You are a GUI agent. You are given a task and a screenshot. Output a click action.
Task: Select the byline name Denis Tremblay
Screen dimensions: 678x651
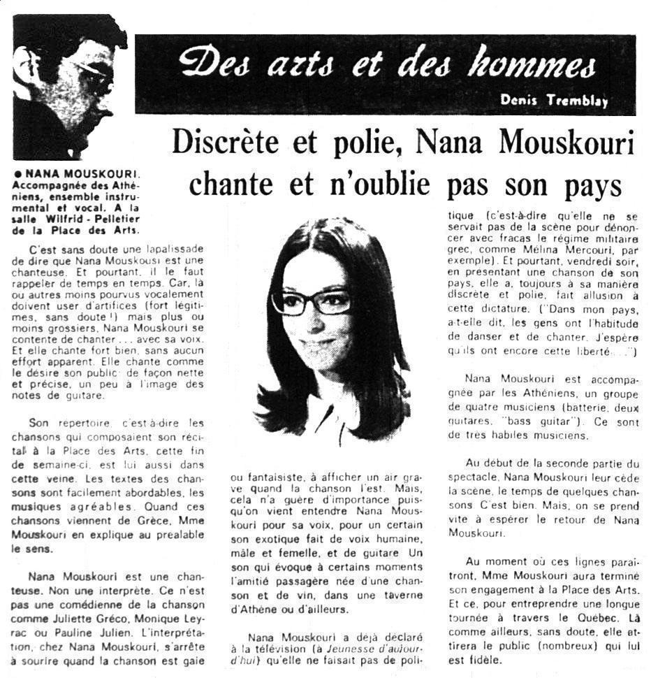554,100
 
